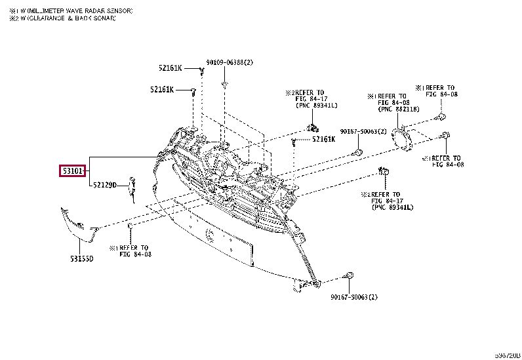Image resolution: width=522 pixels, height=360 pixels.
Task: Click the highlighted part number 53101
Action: (72, 172)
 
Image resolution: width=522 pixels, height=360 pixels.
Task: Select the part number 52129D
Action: (104, 186)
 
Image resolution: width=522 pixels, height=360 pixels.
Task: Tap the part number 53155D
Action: (82, 259)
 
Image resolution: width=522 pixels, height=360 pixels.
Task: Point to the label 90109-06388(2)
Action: (229, 62)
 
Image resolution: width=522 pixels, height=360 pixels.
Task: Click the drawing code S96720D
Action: (507, 355)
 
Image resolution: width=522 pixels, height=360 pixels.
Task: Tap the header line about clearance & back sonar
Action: (62, 19)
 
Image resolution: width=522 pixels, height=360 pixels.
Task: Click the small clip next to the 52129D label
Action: (132, 187)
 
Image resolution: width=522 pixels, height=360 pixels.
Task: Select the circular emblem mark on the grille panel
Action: (209, 235)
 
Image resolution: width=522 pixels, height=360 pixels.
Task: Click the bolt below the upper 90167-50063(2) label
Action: (357, 152)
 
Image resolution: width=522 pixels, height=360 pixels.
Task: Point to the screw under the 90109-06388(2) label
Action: (224, 85)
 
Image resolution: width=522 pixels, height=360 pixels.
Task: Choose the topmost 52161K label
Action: (170, 68)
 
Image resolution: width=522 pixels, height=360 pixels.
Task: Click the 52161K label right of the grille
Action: (323, 139)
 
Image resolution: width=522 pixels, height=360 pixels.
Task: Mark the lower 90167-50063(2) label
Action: (353, 298)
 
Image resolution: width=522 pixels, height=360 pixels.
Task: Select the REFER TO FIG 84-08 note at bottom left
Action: (130, 251)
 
